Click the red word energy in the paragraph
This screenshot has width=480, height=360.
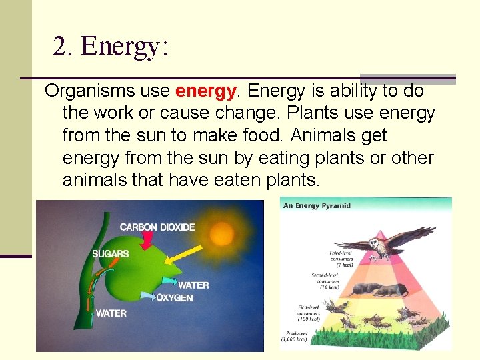206,90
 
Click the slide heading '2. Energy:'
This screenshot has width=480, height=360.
111,46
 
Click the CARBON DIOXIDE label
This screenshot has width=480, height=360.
157,227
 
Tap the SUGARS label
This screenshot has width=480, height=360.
111,254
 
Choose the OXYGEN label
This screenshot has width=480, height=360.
175,298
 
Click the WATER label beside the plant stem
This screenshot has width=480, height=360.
111,313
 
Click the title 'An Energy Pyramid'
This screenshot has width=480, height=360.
317,205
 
